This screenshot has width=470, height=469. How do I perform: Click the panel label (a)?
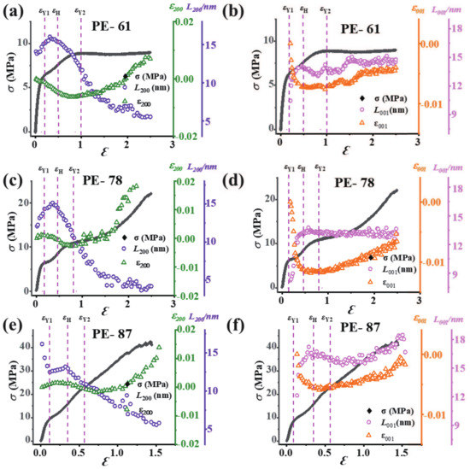(14, 9)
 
